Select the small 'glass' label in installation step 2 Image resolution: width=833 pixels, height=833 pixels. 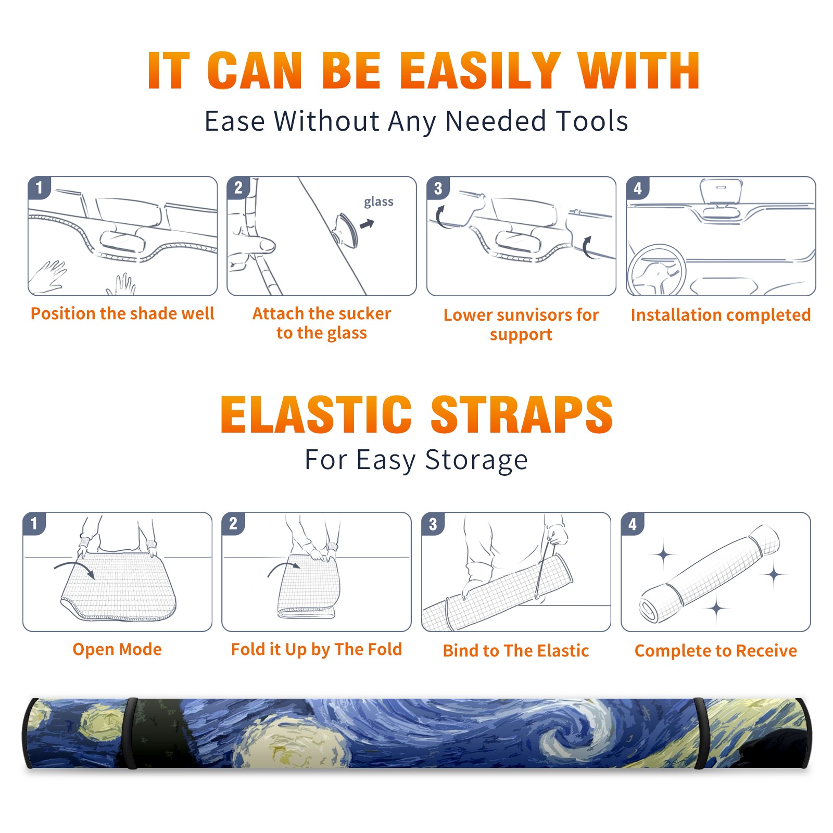[378, 201]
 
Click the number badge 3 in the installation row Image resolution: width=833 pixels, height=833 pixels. [438, 188]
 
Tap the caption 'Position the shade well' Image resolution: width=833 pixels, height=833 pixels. [122, 313]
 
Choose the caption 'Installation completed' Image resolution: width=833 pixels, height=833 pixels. [721, 314]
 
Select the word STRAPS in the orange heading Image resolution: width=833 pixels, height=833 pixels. [522, 414]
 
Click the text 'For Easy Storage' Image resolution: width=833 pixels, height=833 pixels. [416, 460]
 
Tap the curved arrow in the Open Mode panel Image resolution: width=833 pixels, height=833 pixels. [74, 567]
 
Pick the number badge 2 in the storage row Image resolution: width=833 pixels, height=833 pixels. [233, 523]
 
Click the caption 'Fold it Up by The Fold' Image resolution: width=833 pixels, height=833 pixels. [317, 649]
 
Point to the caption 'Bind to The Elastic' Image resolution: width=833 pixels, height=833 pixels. [515, 651]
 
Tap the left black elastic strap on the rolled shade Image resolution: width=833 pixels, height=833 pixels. [131, 734]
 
